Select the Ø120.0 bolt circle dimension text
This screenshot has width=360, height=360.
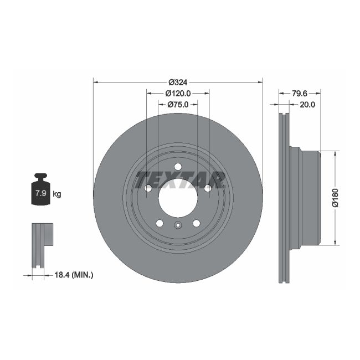pyautogui.click(x=178, y=94)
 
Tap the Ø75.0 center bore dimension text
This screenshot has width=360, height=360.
pyautogui.click(x=178, y=104)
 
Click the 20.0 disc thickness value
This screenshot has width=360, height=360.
pyautogui.click(x=307, y=104)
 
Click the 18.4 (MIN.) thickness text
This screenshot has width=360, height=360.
pyautogui.click(x=74, y=274)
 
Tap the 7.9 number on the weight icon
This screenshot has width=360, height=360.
pyautogui.click(x=40, y=193)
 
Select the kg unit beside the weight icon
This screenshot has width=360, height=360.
pyautogui.click(x=57, y=194)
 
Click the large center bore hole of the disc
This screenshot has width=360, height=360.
pyautogui.click(x=178, y=198)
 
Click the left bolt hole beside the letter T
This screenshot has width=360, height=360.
pyautogui.click(x=148, y=189)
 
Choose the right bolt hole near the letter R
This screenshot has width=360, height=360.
pyautogui.click(x=208, y=189)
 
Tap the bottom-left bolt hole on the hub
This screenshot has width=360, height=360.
pyautogui.click(x=160, y=223)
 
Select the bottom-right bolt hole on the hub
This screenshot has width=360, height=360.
pyautogui.click(x=196, y=223)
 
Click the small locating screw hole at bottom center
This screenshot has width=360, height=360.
pyautogui.click(x=178, y=225)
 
